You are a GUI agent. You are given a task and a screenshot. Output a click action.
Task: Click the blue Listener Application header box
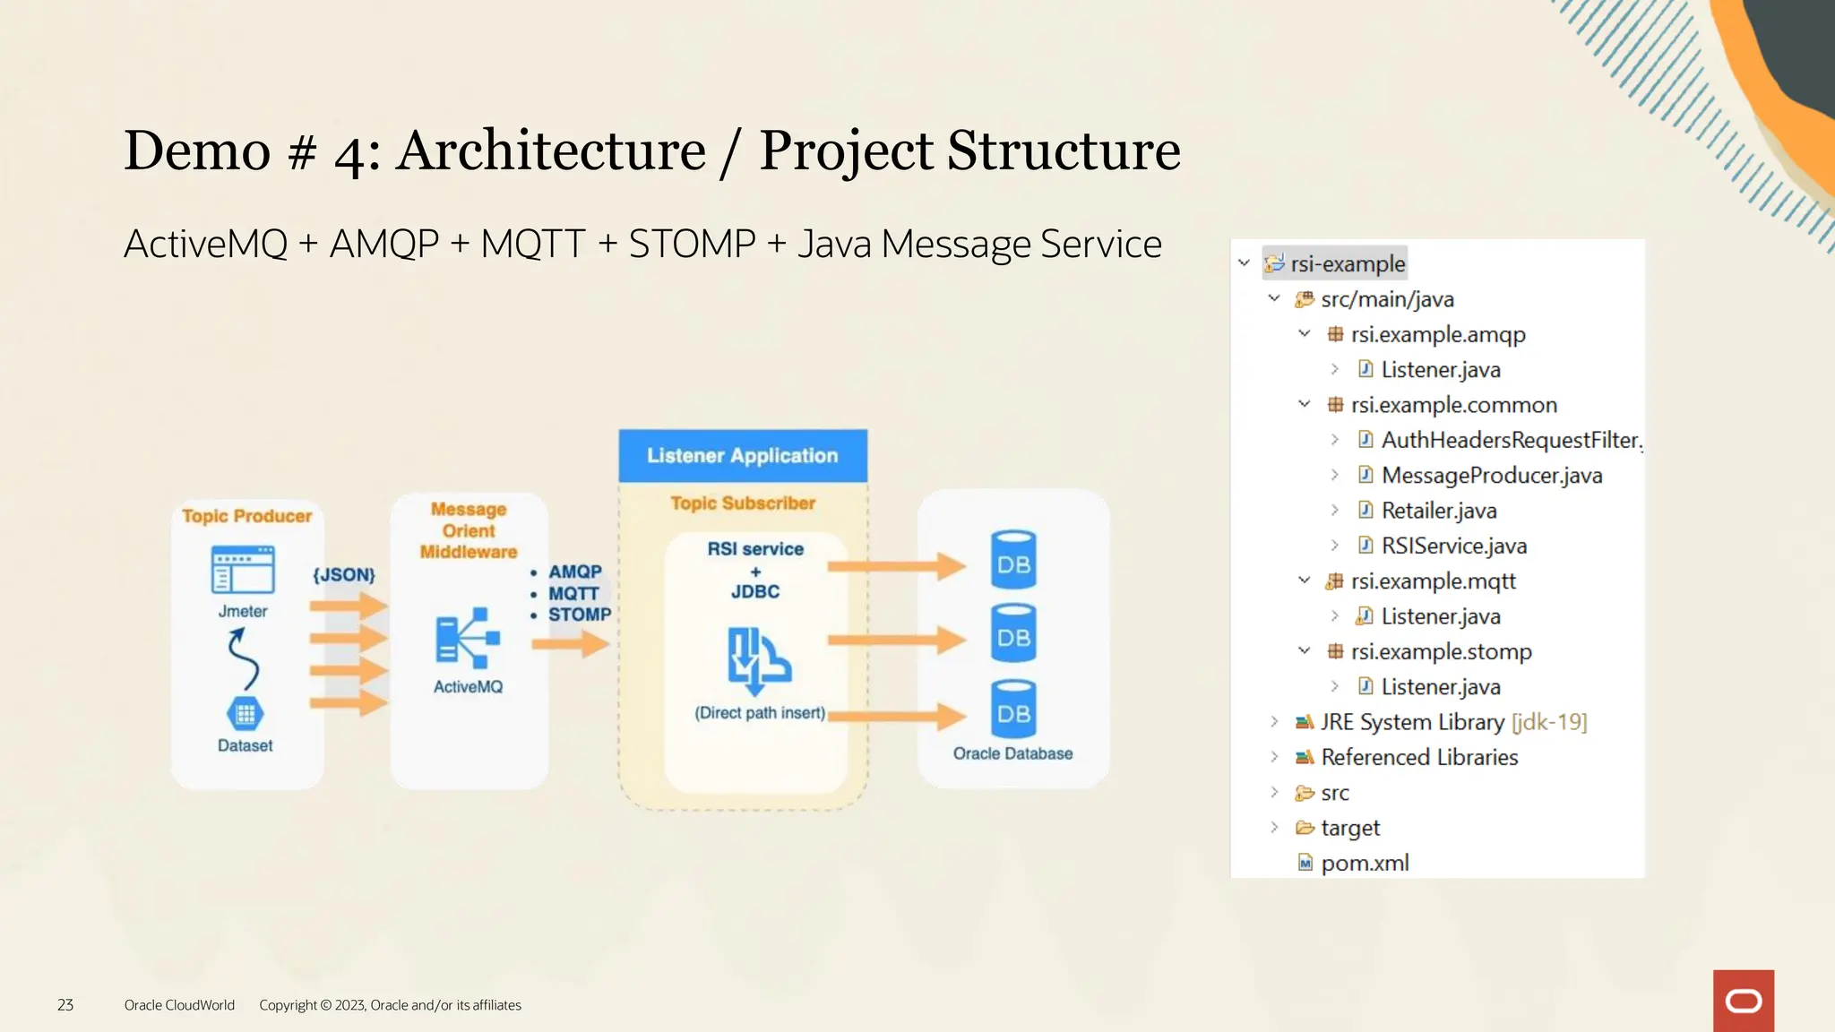coord(742,456)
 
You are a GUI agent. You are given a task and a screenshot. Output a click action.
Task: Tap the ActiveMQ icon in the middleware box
coord(467,638)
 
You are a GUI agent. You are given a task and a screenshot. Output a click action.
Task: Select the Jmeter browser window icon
coord(243,570)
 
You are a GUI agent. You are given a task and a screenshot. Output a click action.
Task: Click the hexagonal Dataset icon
coord(245,714)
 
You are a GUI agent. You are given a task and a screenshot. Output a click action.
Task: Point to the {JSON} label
coord(343,575)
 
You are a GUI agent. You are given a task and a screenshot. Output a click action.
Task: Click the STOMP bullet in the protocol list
coord(579,615)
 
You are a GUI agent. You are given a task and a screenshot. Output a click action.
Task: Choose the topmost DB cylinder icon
coord(1013,561)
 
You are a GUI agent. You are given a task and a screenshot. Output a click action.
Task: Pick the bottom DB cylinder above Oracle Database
coord(1013,710)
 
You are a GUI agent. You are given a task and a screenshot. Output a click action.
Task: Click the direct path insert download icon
coord(757,660)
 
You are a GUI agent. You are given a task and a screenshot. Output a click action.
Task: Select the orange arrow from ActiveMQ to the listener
coord(571,643)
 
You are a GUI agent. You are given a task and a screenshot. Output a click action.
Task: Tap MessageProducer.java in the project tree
coord(1491,476)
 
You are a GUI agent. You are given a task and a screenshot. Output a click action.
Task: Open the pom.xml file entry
coord(1364,863)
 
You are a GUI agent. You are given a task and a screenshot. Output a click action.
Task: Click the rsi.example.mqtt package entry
coord(1433,581)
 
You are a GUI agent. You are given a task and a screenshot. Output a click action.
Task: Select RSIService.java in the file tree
coord(1453,546)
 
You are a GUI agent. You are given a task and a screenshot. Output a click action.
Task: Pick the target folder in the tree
coord(1349,828)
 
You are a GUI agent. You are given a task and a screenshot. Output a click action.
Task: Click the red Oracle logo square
coord(1743,1001)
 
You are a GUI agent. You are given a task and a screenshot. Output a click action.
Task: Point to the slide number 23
coord(65,1005)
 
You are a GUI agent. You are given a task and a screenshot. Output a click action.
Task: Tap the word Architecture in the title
coord(551,150)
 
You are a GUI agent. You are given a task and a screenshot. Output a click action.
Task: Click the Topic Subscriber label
coord(743,503)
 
